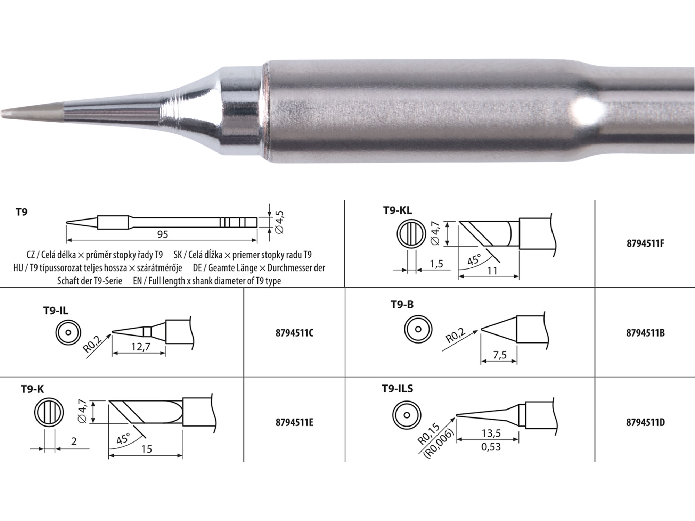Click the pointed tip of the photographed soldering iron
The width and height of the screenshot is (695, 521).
[2, 113]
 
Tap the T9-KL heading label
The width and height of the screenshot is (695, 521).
[398, 210]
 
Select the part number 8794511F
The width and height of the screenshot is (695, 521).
[645, 243]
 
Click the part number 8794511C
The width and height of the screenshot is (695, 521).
[294, 333]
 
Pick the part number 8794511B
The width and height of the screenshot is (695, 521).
[645, 333]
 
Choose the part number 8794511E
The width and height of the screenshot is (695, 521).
[294, 423]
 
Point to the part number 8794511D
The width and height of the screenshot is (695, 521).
[645, 423]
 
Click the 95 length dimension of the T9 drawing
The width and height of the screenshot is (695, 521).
[163, 234]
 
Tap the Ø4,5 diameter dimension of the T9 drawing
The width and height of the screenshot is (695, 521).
[279, 222]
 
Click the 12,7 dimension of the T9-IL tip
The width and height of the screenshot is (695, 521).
[141, 347]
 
